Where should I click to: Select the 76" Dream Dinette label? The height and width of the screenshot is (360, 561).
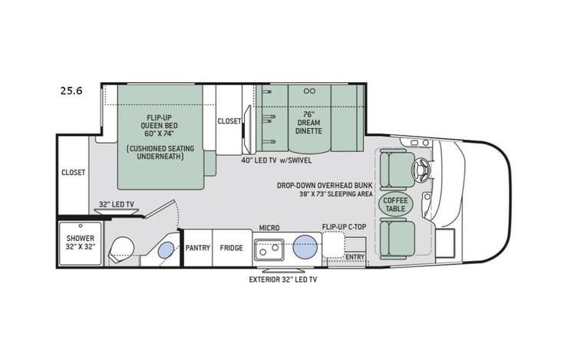(309, 122)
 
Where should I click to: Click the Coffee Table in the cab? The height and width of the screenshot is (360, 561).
(395, 203)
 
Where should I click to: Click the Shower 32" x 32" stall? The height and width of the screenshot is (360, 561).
(79, 243)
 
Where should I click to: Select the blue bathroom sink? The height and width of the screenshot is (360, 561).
(166, 250)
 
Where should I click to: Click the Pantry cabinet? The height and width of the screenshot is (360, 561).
(197, 248)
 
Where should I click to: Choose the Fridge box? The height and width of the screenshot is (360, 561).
(231, 248)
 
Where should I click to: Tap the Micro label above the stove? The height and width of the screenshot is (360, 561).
(269, 228)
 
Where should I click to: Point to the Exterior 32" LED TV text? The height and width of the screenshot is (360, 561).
(282, 280)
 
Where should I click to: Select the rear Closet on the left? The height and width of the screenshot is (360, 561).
(74, 173)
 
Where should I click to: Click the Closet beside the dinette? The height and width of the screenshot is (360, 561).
(229, 121)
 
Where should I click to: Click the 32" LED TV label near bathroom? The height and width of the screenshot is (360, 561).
(116, 204)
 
